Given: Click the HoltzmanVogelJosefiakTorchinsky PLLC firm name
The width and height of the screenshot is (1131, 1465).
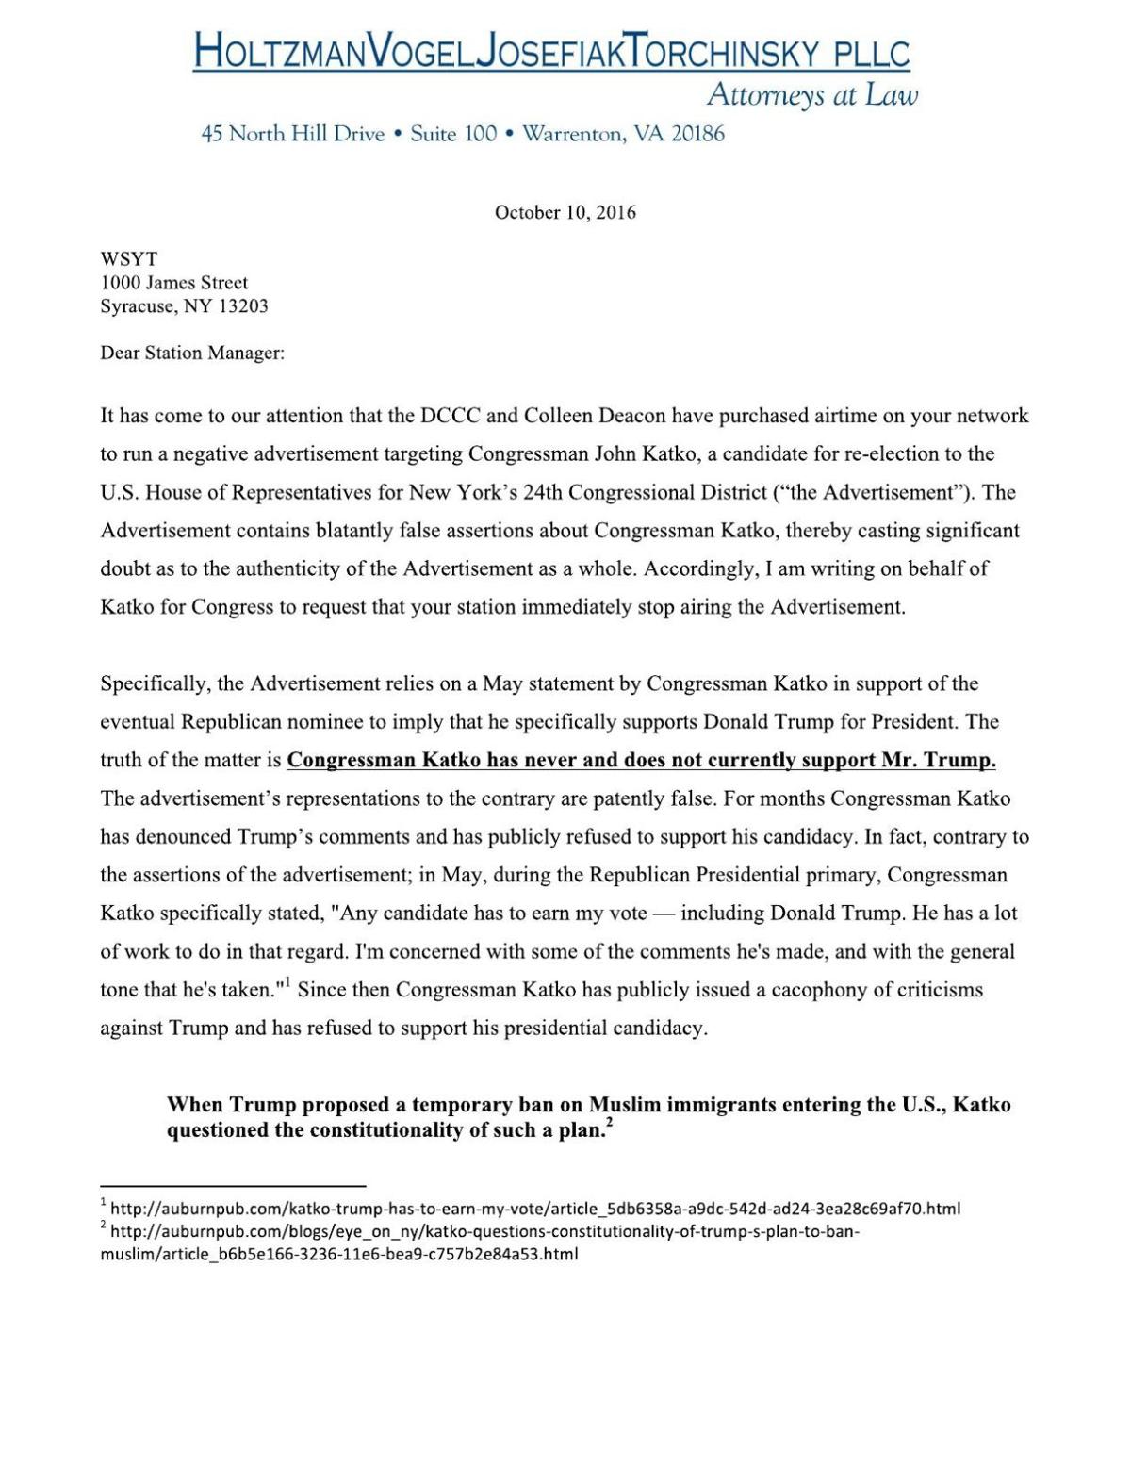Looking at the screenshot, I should coord(551,51).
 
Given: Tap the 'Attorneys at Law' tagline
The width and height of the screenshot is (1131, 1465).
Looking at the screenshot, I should coord(811,95).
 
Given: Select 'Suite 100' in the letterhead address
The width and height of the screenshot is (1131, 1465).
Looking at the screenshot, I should coord(453,134).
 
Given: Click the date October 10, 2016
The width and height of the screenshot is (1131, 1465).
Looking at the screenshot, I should coord(565,212).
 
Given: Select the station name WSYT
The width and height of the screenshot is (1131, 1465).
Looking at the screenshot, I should coord(129,258).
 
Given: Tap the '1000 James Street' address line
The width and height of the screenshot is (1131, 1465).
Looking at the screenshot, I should coord(174,282).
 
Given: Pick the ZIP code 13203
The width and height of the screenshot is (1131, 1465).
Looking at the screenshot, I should coord(243,305).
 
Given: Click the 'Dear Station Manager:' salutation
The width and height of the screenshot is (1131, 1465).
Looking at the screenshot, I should coord(192,353).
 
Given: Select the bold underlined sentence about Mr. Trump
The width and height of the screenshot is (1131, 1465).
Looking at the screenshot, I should coord(641,760).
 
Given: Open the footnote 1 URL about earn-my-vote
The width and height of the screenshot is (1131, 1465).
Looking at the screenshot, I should coord(535,1208).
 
